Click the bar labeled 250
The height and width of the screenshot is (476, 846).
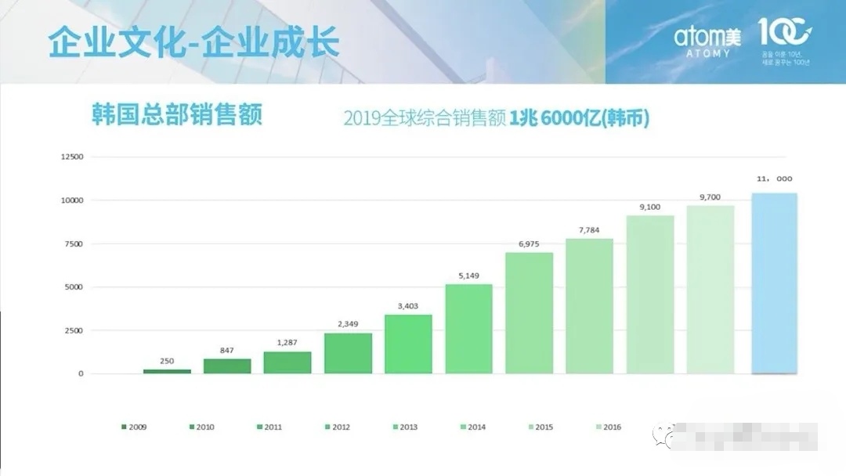[167, 371]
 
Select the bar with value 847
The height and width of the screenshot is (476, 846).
[227, 366]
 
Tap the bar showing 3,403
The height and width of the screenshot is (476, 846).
[408, 344]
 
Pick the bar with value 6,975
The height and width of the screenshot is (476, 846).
[529, 313]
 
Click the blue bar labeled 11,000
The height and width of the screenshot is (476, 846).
[774, 283]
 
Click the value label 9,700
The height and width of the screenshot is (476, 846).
[710, 197]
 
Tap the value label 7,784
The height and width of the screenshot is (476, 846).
[589, 229]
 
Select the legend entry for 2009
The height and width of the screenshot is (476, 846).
[134, 427]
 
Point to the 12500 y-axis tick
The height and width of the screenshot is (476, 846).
[71, 157]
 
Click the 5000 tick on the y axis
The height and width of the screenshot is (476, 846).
[74, 287]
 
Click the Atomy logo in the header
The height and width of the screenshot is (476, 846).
[703, 40]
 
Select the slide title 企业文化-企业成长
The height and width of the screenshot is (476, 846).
[193, 42]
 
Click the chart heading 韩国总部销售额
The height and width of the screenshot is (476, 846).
[176, 114]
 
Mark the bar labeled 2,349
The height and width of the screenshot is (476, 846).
[348, 353]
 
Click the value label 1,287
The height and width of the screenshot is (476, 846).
[287, 343]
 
